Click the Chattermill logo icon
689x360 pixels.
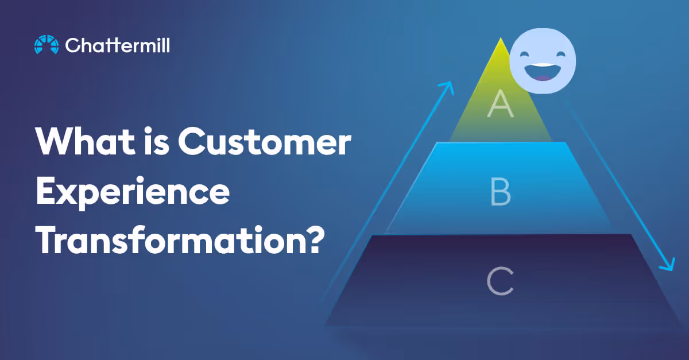point(47,45)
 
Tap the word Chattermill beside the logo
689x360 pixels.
point(118,45)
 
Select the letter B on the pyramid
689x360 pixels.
point(500,192)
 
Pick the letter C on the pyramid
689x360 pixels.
point(500,281)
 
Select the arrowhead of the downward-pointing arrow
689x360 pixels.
point(667,265)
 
